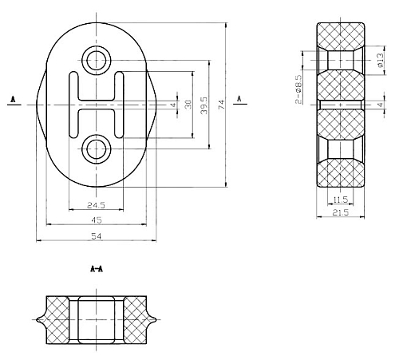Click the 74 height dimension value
(x=222, y=105)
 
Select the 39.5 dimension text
(x=204, y=105)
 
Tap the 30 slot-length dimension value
(x=188, y=105)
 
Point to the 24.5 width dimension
(x=97, y=205)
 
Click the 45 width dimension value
(x=97, y=220)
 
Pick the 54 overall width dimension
(x=97, y=235)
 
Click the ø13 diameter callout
(x=381, y=60)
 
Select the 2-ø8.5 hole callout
(x=298, y=89)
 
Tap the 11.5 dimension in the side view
(x=341, y=200)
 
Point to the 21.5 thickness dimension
(x=341, y=212)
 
